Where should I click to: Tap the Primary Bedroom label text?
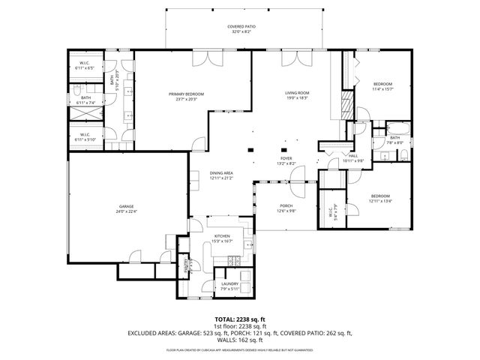186,94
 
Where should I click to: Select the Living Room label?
297,94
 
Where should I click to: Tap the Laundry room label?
229,283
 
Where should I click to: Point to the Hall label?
352,156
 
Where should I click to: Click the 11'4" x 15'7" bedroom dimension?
382,89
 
